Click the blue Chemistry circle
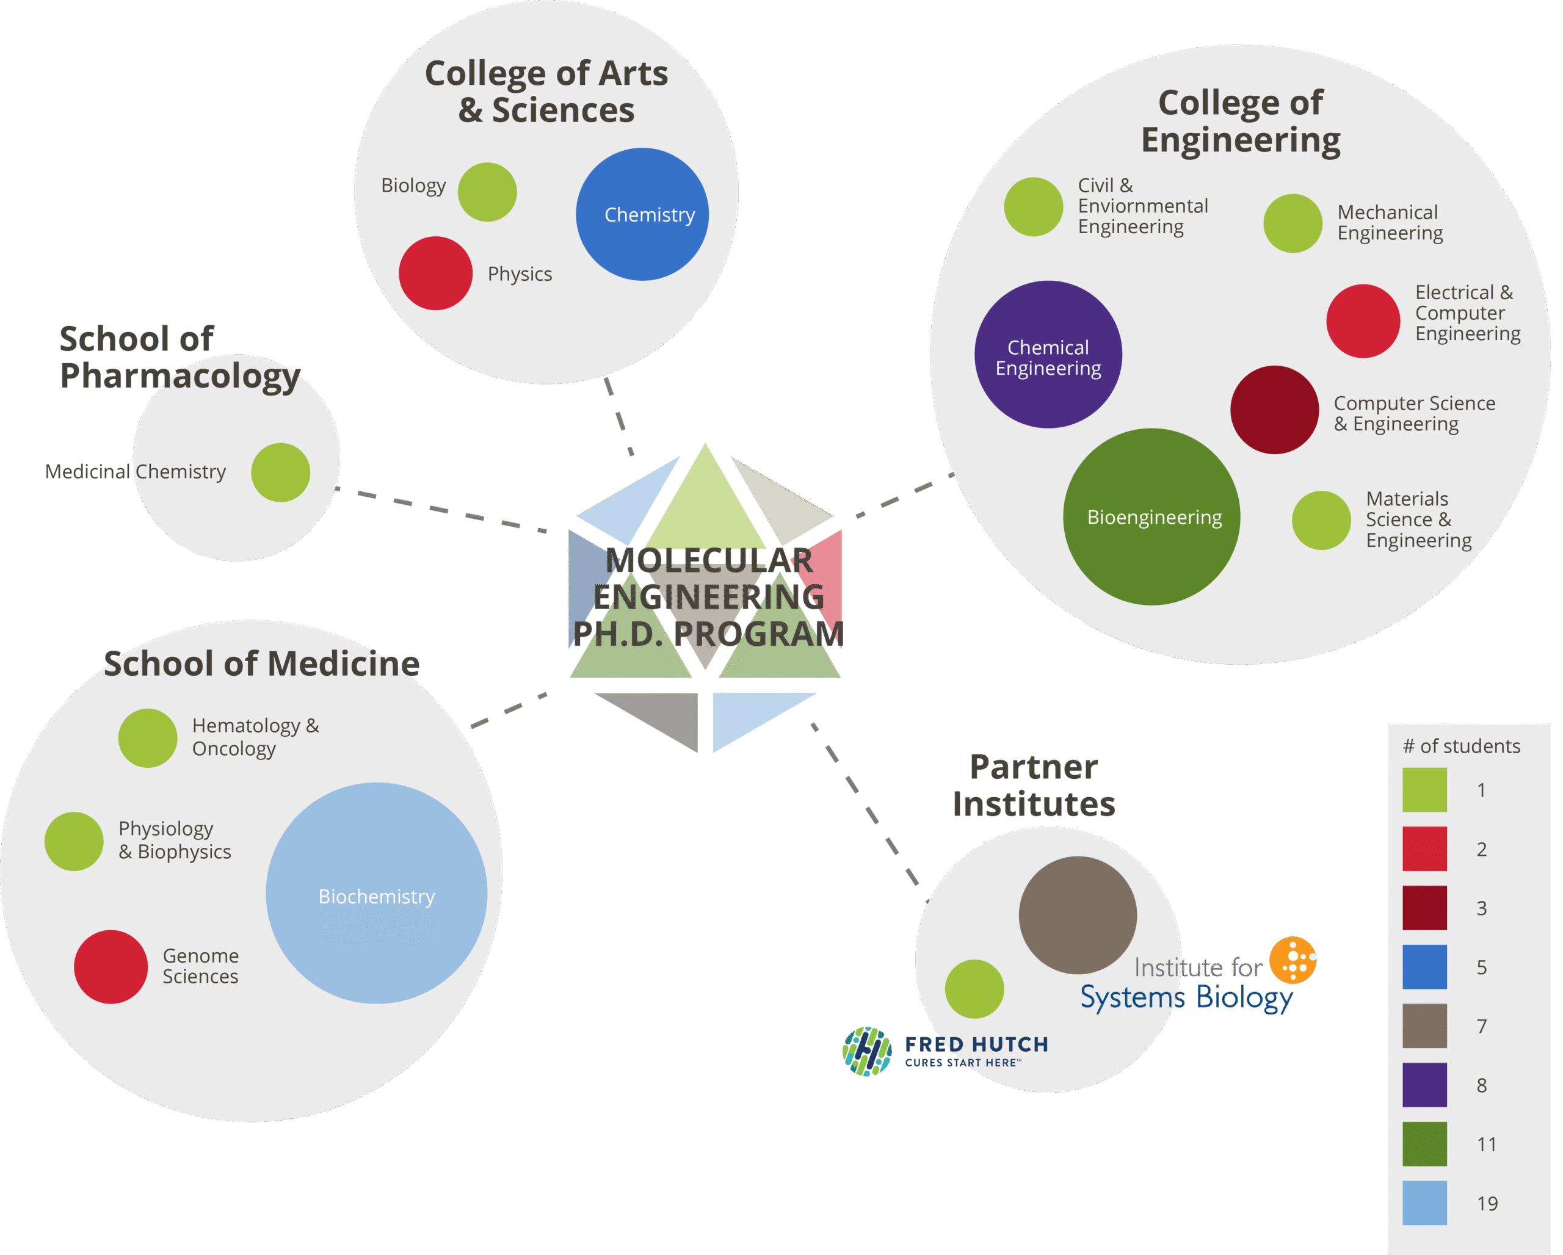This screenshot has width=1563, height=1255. click(x=642, y=214)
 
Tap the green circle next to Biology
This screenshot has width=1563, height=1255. click(x=487, y=192)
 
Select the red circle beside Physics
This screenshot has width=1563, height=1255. click(x=436, y=273)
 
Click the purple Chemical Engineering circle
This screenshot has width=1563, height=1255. click(x=1048, y=354)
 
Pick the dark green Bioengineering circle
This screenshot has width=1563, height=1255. click(x=1151, y=516)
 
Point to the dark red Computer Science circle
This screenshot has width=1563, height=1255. click(x=1274, y=410)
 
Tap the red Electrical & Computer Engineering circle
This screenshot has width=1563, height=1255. click(x=1363, y=321)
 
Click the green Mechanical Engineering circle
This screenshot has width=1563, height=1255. click(x=1293, y=223)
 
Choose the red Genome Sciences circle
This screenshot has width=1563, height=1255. click(x=111, y=967)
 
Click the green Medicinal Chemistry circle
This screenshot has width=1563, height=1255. click(x=281, y=472)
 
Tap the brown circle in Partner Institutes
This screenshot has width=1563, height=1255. click(x=1077, y=915)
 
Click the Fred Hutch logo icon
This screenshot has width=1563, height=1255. click(x=867, y=1051)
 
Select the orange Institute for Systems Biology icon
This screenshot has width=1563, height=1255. click(x=1293, y=961)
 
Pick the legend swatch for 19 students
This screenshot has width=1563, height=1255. click(x=1424, y=1203)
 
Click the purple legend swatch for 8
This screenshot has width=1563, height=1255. click(x=1424, y=1085)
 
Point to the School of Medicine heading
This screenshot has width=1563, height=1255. click(x=262, y=664)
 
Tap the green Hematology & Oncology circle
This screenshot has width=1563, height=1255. click(x=148, y=737)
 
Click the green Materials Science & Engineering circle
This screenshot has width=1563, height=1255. click(x=1321, y=520)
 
